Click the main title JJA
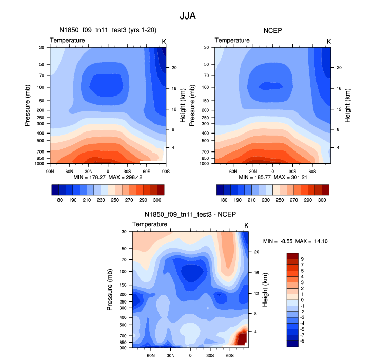188,16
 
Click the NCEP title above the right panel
272,30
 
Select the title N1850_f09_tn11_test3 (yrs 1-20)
107,30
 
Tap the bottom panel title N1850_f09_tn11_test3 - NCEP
190,215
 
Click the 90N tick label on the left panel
50,170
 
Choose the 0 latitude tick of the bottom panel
190,355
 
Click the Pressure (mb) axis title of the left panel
28,104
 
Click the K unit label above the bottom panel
246,225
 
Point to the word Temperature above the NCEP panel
232,40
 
